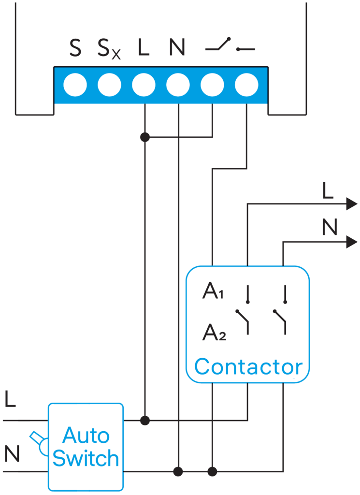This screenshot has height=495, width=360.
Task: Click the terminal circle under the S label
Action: [x=75, y=86]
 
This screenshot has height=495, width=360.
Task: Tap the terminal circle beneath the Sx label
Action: [x=109, y=86]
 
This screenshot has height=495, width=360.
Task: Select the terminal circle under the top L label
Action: [x=144, y=86]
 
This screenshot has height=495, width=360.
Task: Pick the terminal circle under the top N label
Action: [x=178, y=86]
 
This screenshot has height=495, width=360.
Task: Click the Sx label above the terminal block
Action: [x=109, y=49]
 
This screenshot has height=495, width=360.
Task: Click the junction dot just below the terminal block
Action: [x=144, y=137]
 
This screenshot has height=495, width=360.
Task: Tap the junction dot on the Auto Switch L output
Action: [x=144, y=420]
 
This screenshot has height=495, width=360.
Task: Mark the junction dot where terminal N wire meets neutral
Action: [x=178, y=471]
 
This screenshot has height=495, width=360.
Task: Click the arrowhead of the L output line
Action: [x=351, y=204]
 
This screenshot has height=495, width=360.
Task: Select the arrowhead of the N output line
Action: [x=351, y=242]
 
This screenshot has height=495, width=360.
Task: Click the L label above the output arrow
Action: [x=328, y=191]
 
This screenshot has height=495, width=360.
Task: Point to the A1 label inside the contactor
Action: [x=213, y=292]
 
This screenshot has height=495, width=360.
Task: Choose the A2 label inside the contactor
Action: [x=214, y=332]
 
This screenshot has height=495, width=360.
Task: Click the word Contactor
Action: [x=248, y=367]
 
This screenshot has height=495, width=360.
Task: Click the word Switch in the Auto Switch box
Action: [x=86, y=457]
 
